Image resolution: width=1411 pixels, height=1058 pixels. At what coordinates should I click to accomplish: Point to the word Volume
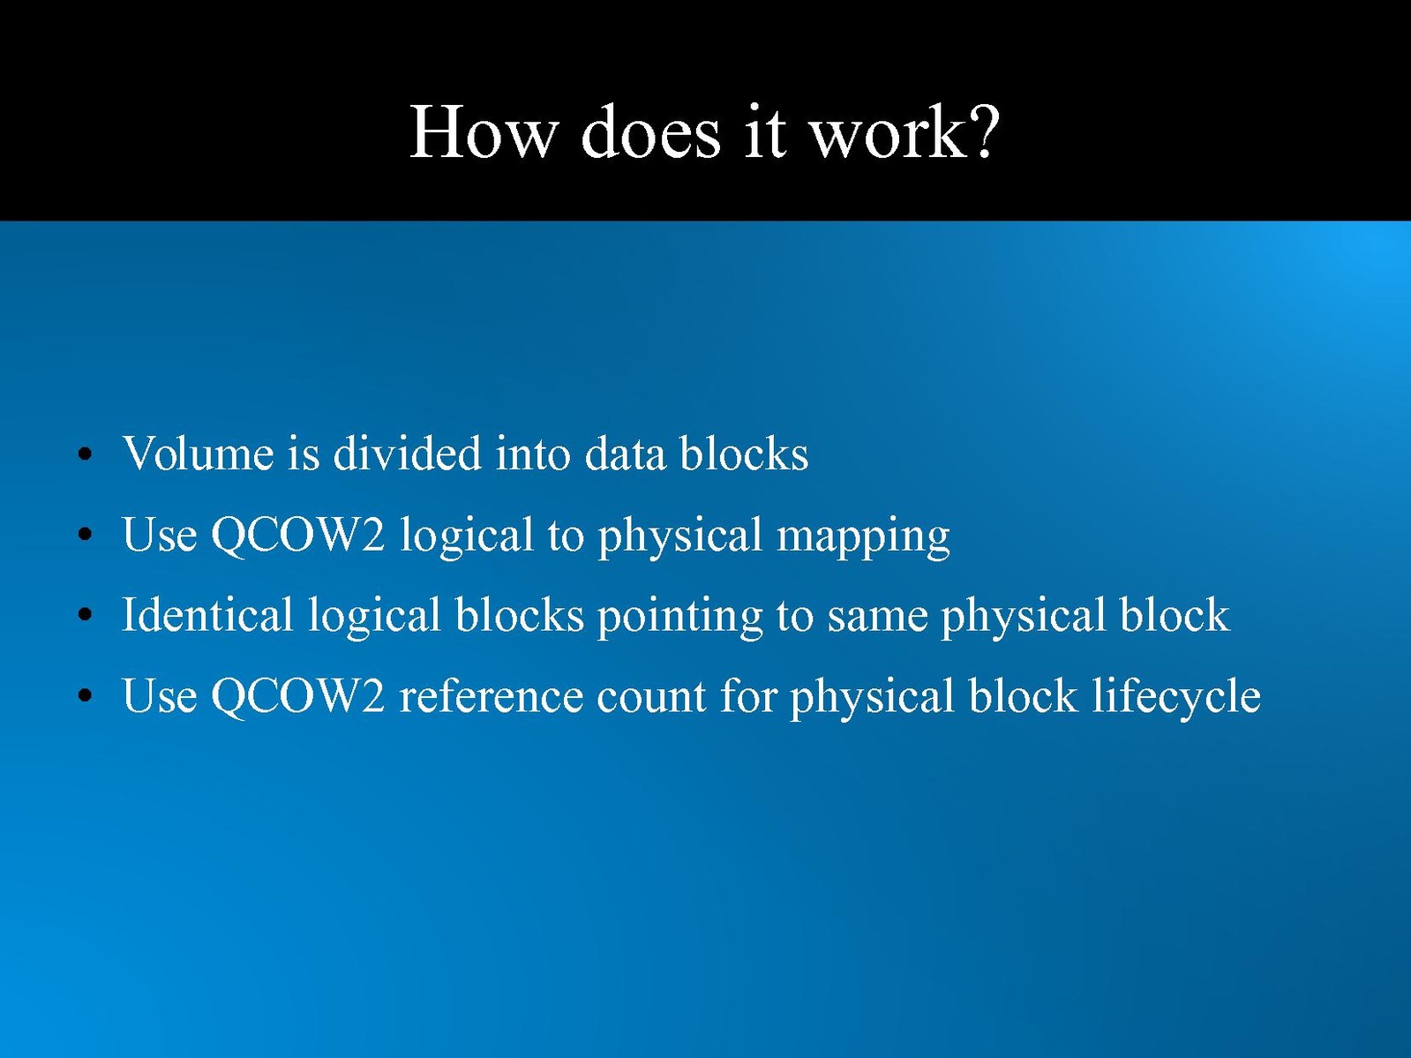(x=198, y=454)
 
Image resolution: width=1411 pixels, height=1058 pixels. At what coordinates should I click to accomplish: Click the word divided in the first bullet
(x=407, y=453)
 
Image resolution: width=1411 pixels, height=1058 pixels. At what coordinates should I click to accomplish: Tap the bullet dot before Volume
(x=85, y=454)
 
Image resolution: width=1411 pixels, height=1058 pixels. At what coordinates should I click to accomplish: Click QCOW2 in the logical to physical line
(x=297, y=535)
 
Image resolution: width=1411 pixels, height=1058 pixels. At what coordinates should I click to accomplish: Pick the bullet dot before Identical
(x=85, y=615)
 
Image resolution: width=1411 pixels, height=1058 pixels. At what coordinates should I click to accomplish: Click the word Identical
(x=207, y=614)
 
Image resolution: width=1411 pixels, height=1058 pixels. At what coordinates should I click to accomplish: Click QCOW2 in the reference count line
(x=297, y=695)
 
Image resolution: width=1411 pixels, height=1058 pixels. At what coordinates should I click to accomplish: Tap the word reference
(x=492, y=695)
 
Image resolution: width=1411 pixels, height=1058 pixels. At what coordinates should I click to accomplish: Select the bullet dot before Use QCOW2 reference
(x=85, y=696)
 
